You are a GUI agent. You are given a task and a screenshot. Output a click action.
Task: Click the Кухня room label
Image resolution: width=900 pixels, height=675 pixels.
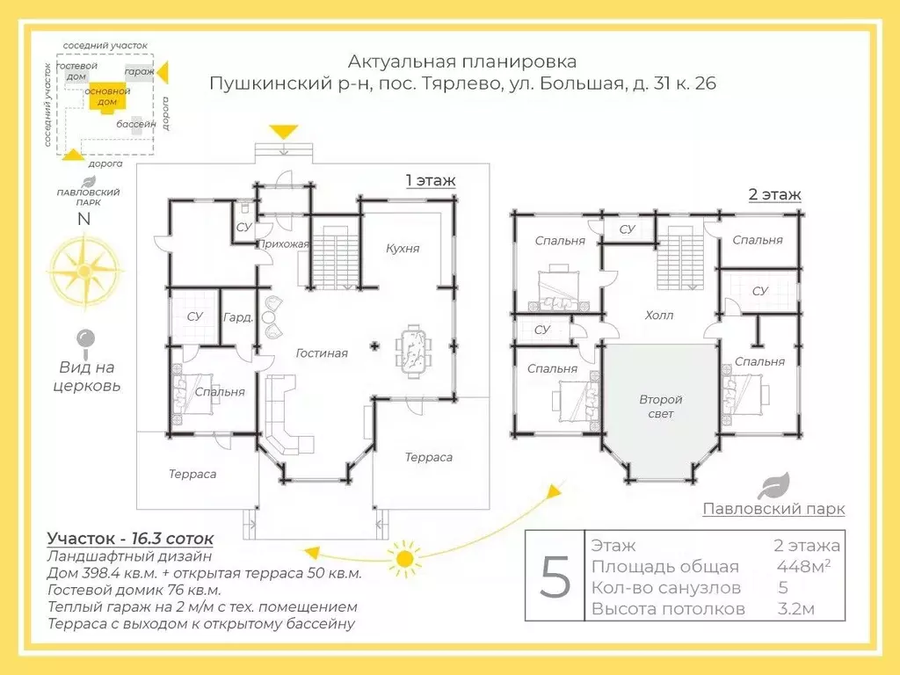[x=403, y=249]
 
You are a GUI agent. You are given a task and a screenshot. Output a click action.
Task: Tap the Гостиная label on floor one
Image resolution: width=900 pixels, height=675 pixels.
[x=322, y=353]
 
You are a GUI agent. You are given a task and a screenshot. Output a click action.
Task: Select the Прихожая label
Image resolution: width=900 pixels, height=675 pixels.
[x=282, y=244]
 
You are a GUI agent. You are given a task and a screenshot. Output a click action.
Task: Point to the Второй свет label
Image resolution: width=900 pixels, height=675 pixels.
[x=661, y=406]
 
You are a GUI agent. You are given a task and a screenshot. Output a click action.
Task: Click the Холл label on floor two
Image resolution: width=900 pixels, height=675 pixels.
[x=659, y=315]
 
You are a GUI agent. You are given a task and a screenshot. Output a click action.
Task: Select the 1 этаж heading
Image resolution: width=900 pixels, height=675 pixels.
[x=431, y=181]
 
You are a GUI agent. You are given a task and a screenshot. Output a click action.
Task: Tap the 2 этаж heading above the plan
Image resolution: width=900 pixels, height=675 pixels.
[x=774, y=194]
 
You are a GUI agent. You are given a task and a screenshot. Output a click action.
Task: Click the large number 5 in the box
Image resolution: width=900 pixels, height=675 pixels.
[x=555, y=577]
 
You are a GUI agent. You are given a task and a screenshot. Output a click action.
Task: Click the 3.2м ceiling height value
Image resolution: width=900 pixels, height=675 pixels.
[x=795, y=608]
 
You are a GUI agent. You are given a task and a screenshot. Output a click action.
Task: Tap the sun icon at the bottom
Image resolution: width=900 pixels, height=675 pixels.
[x=404, y=557]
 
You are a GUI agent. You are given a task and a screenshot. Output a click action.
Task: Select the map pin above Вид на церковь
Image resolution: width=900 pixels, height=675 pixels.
[x=86, y=338]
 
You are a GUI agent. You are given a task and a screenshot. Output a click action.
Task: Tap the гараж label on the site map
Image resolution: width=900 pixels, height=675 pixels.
[x=139, y=72]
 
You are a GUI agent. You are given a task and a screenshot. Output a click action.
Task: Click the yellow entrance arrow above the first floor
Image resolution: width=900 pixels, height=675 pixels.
[x=283, y=133]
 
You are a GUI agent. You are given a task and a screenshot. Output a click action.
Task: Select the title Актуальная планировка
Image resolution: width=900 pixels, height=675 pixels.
[x=462, y=62]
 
